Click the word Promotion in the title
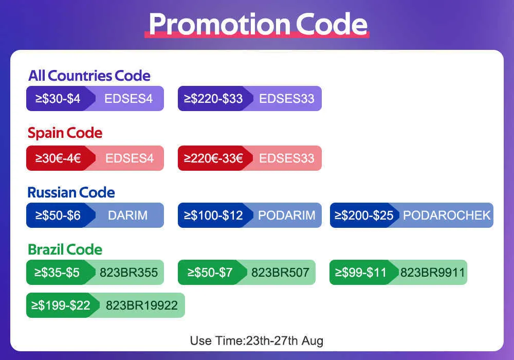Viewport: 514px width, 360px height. pos(219,25)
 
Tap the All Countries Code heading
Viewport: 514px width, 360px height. pos(89,76)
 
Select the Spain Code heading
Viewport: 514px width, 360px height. pos(65,133)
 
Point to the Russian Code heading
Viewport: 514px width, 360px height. pos(71,192)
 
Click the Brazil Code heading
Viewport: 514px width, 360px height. pos(65,249)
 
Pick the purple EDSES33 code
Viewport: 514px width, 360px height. pos(286,99)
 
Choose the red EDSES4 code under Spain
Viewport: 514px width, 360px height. pos(130,158)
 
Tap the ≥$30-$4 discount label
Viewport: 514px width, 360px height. pos(58,99)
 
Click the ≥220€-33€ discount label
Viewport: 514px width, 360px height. pos(213,158)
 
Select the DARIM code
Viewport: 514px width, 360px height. pos(128,215)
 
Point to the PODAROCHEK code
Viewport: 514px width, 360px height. pos(447,215)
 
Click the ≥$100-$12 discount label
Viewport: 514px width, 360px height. pos(213,215)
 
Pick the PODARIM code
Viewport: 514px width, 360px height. pos(286,215)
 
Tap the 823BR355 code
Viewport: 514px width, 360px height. pos(129,273)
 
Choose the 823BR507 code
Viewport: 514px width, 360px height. pos(280,273)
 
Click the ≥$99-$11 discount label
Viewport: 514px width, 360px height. pos(361,273)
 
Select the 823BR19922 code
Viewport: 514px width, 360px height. pos(142,305)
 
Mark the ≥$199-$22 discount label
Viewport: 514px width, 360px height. pos(61,305)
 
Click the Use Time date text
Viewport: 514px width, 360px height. pos(256,340)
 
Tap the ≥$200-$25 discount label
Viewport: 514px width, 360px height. pos(364,215)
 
